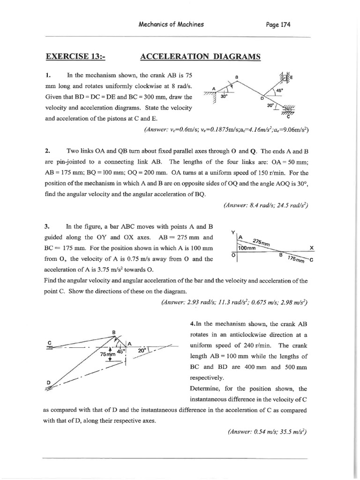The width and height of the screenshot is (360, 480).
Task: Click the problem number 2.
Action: [x=48, y=151]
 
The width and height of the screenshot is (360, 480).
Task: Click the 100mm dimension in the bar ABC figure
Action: [x=247, y=248]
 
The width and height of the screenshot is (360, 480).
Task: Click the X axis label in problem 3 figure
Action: [x=311, y=247]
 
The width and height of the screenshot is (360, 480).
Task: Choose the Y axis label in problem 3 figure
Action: [x=233, y=232]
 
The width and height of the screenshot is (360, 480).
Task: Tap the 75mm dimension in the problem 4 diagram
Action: [x=108, y=354]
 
